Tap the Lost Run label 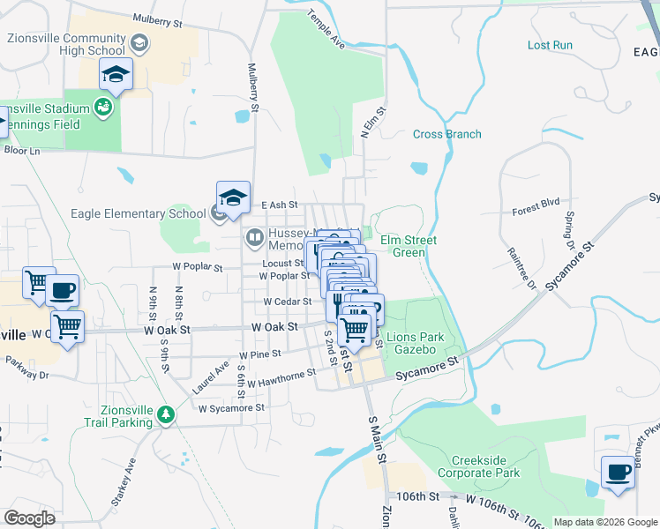tap(550, 45)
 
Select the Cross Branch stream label tap(447, 134)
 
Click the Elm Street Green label tap(409, 246)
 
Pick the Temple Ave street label tap(326, 29)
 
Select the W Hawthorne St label tap(281, 378)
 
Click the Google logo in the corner tap(29, 518)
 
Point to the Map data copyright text tap(604, 522)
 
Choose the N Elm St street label tap(374, 123)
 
